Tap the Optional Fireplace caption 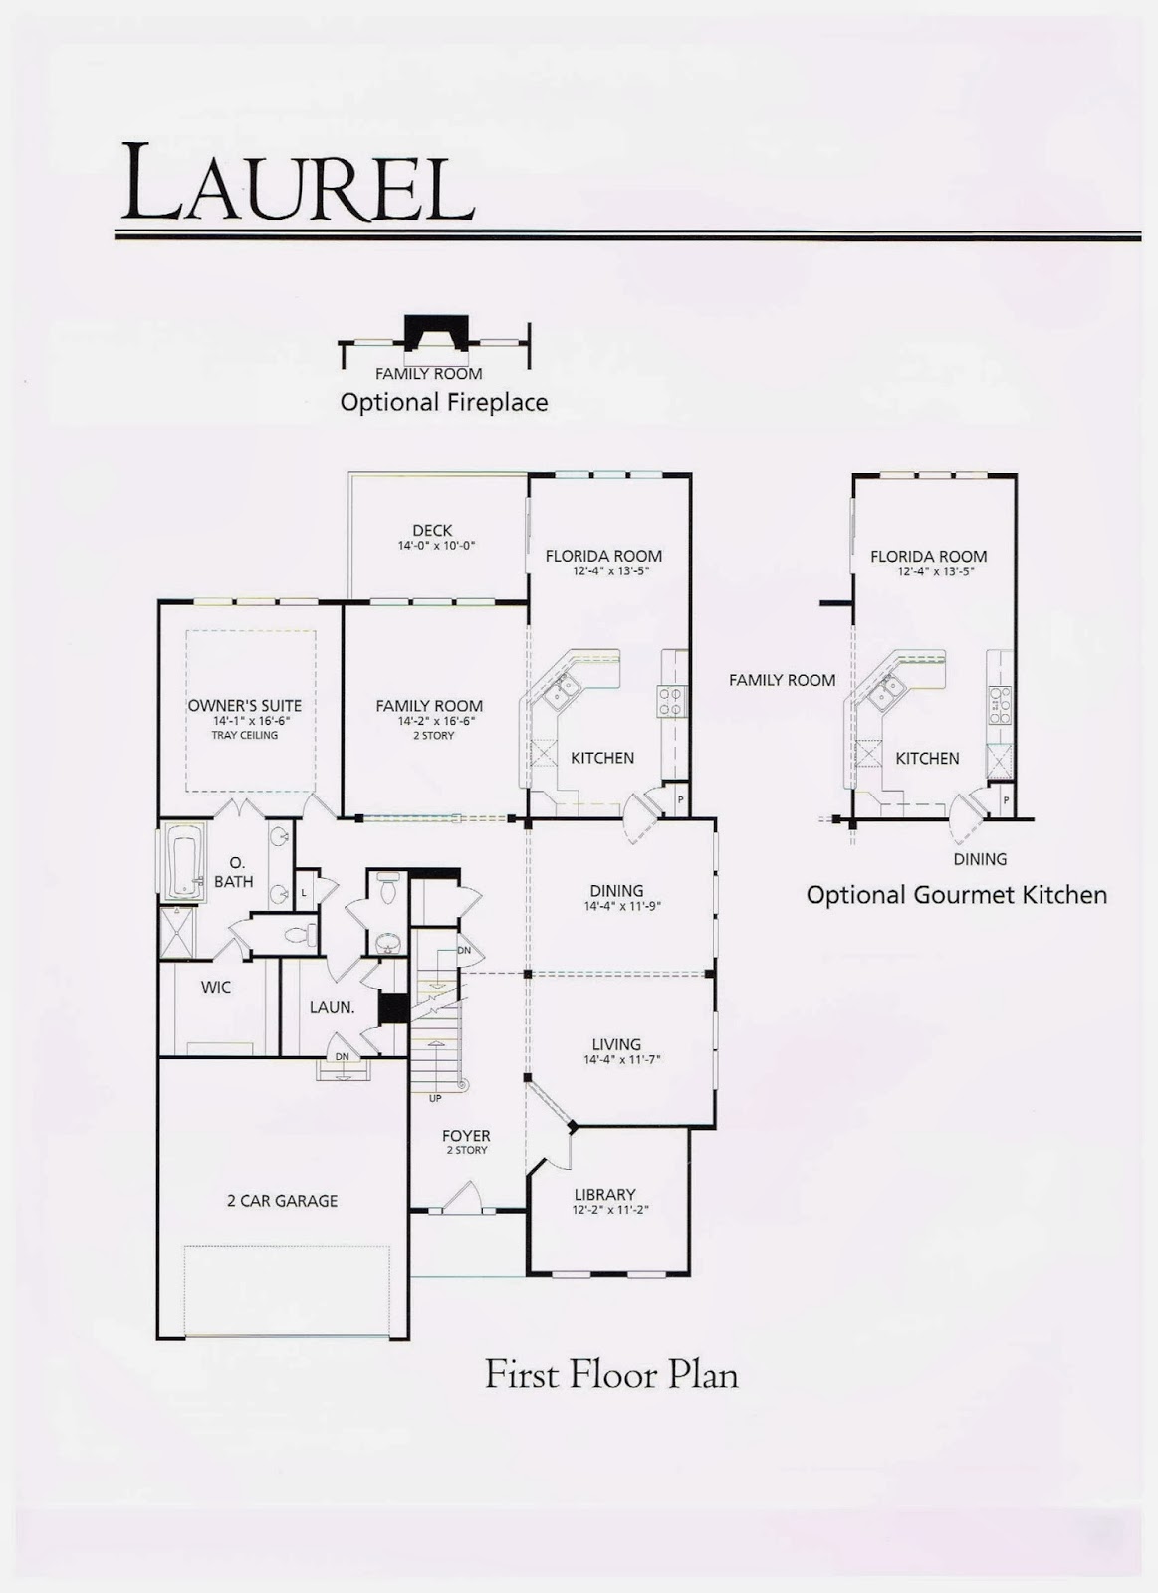(x=443, y=402)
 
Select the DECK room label (x=432, y=531)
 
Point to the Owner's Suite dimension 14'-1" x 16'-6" (x=244, y=720)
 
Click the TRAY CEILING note (x=244, y=735)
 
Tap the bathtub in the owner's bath (x=185, y=862)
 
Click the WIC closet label (x=216, y=987)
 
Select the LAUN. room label (x=332, y=1007)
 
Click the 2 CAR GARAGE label (x=282, y=1201)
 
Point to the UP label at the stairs (x=435, y=1098)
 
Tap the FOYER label (x=466, y=1135)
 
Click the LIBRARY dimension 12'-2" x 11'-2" (x=604, y=1210)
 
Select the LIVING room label (x=616, y=1044)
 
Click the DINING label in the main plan (x=616, y=891)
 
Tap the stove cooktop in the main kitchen (x=671, y=702)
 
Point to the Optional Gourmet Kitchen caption (x=956, y=895)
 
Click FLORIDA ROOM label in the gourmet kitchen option (x=928, y=557)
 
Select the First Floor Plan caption (x=610, y=1375)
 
